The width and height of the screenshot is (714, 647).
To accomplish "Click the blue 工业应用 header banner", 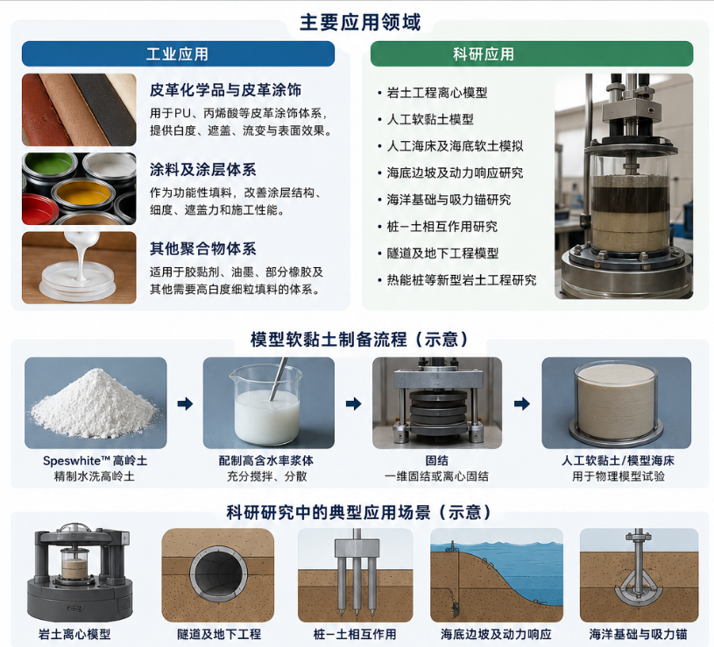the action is (x=178, y=53).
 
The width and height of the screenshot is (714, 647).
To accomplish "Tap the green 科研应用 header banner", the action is (x=532, y=53).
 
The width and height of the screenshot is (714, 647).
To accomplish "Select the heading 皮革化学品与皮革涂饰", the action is (x=225, y=90).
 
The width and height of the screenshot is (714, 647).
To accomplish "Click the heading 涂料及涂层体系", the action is (x=202, y=170).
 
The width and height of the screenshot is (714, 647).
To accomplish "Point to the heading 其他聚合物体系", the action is (x=202, y=249).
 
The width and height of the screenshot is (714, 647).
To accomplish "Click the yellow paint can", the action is (x=83, y=195).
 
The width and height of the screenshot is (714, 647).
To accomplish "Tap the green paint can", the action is (x=49, y=166).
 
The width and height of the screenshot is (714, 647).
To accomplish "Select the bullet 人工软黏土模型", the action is (x=430, y=119).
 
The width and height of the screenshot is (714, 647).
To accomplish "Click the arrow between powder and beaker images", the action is (x=185, y=403).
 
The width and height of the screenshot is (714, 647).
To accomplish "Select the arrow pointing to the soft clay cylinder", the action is (x=522, y=403).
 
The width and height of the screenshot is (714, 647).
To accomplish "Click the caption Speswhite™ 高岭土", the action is (x=95, y=461).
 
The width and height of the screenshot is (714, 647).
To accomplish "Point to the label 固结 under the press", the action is (x=436, y=461).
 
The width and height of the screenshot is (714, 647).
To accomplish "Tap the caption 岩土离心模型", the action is (x=74, y=634).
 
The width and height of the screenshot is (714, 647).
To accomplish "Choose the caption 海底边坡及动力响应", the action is (x=496, y=634).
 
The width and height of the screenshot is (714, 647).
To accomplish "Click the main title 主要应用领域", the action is (x=360, y=22).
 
